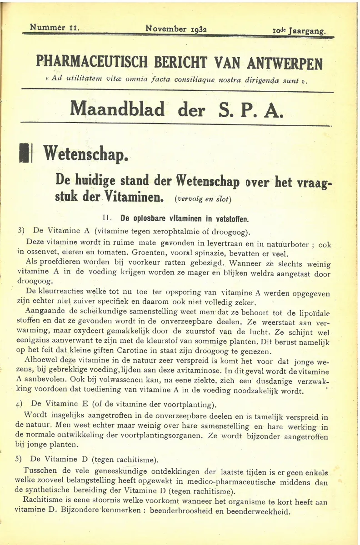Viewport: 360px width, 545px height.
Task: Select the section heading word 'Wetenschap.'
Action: pyautogui.click(x=86, y=154)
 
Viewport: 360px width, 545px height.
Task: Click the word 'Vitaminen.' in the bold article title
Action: pyautogui.click(x=129, y=198)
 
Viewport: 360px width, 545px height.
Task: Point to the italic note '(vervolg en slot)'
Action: pyautogui.click(x=203, y=199)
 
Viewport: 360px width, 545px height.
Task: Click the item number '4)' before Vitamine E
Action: pyautogui.click(x=20, y=404)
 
